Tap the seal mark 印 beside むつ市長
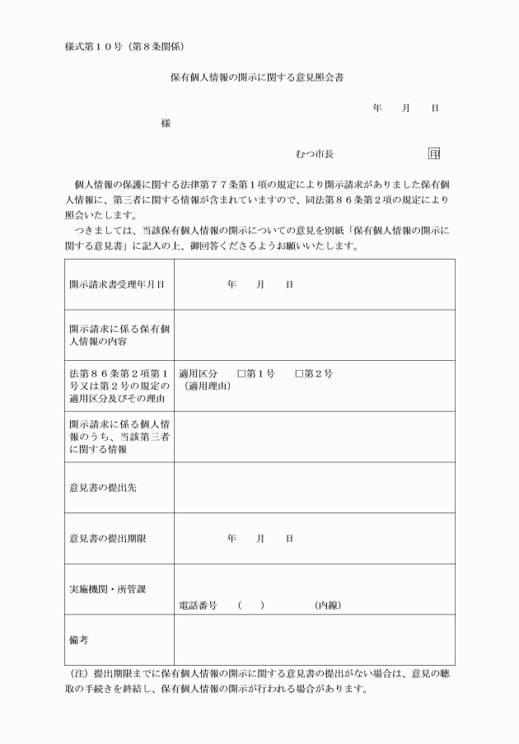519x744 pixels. click(434, 153)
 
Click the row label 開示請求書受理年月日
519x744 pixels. click(116, 284)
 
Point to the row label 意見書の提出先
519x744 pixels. click(103, 488)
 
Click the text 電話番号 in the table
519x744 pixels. click(198, 606)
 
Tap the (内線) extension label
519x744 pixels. click(328, 606)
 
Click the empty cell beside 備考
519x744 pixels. click(314, 639)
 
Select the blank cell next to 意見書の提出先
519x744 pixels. click(314, 488)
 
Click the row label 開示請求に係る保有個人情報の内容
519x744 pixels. click(119, 335)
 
